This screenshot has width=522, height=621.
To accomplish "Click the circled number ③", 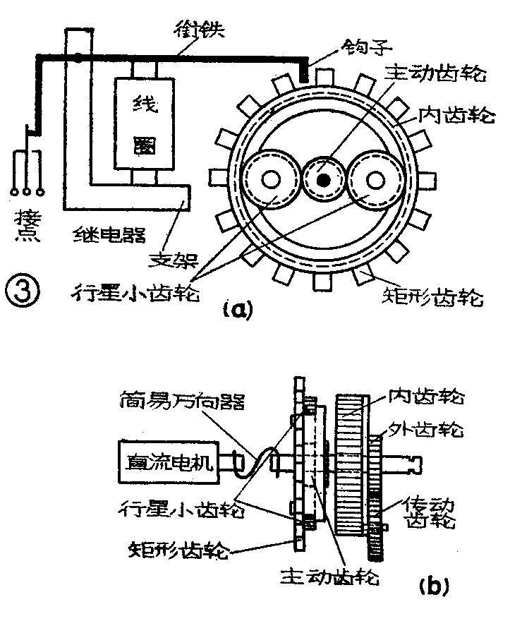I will click(18, 289).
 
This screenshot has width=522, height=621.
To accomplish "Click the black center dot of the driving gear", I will click(324, 181).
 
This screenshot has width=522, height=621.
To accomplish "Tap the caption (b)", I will click(431, 584).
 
